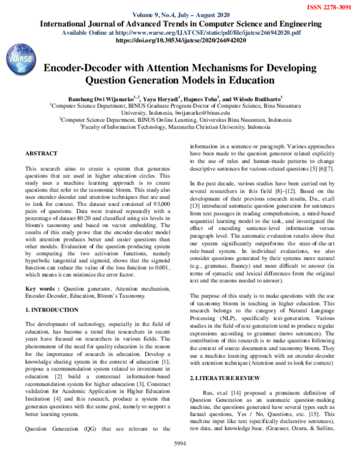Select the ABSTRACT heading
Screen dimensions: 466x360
click(x=41, y=154)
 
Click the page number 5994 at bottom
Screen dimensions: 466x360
click(x=180, y=459)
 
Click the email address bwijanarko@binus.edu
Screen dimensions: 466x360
click(x=200, y=112)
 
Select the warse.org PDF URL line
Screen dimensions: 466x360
click(x=180, y=32)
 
